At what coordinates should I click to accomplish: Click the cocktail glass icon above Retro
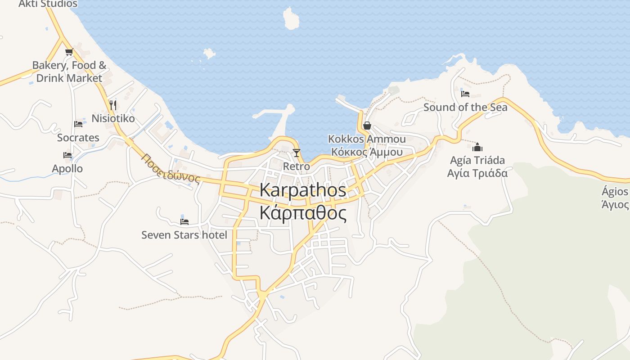coord(296,153)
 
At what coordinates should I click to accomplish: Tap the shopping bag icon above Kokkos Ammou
coord(367,126)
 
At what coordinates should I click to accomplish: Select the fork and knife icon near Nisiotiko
coord(113,105)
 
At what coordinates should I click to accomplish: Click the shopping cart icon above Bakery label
coord(69,52)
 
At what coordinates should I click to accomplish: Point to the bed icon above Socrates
coord(78,124)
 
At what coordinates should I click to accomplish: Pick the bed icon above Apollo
coord(67,155)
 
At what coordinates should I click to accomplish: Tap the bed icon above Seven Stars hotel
coord(184,221)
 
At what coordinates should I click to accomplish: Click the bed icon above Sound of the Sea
coord(465,94)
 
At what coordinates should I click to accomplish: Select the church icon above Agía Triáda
coord(477,147)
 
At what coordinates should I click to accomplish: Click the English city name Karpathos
coord(303,190)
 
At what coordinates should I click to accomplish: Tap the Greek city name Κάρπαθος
coord(303,213)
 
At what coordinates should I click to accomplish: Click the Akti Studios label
coord(48,4)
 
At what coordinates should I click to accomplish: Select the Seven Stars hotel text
coord(184,235)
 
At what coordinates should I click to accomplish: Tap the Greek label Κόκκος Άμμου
coord(367,152)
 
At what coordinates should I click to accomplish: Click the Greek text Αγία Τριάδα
coord(477,173)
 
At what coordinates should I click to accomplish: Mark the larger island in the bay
coord(291,19)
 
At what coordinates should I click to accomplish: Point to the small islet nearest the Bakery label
coord(209,54)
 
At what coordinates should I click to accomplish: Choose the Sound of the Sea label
coord(465,107)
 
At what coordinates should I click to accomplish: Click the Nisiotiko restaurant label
coord(113,119)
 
